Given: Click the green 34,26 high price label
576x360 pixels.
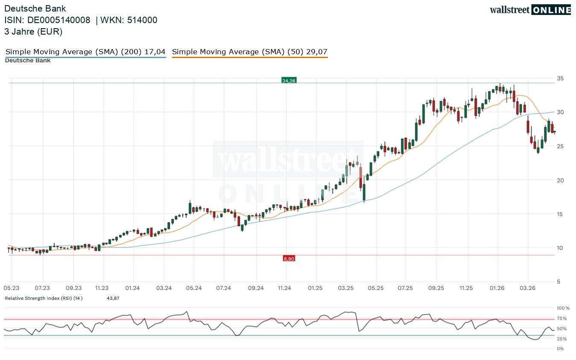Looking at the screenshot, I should click(289, 80).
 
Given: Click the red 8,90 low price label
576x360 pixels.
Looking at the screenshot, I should click(289, 258).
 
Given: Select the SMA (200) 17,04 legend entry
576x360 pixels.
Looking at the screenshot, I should click(85, 52).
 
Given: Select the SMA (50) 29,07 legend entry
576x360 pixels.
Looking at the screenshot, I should click(250, 52).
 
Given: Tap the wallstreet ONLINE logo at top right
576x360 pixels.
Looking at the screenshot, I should click(530, 10).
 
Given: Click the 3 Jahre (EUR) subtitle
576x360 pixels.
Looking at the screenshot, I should click(33, 32).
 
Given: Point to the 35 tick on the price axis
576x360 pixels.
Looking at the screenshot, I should click(560, 78).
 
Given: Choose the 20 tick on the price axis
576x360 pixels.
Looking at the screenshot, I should click(560, 180).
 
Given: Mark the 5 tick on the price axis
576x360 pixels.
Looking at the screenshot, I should click(558, 281).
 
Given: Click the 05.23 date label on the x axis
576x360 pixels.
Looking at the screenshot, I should click(12, 288).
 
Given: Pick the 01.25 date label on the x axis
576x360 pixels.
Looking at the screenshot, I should click(316, 288).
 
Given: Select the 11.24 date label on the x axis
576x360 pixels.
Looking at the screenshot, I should click(284, 288).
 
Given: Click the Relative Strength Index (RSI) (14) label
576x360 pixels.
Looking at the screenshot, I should click(44, 298).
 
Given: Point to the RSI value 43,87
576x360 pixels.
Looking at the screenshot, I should click(113, 298).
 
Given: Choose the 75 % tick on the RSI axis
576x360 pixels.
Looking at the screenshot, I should click(561, 318).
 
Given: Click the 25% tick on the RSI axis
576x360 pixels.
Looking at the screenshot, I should click(561, 339).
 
